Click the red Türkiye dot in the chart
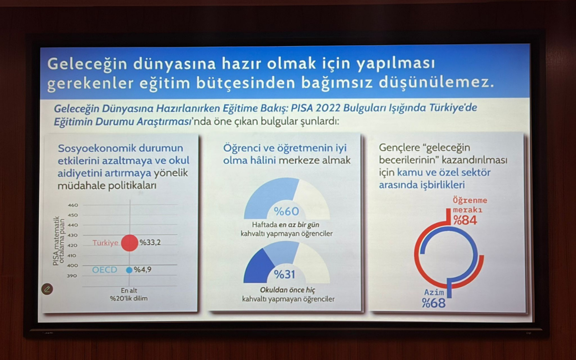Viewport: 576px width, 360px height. pyautogui.click(x=130, y=243)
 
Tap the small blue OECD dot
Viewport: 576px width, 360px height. pyautogui.click(x=129, y=270)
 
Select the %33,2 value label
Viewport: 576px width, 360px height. pyautogui.click(x=150, y=242)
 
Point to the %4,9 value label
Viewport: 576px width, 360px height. pyautogui.click(x=143, y=269)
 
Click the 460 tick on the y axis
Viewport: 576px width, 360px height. pyautogui.click(x=73, y=205)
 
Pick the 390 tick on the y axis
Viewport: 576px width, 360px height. pyautogui.click(x=72, y=276)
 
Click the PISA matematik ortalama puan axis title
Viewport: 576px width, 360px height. pyautogui.click(x=59, y=240)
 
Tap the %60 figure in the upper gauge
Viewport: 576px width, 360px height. pyautogui.click(x=287, y=211)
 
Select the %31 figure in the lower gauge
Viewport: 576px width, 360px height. pyautogui.click(x=285, y=275)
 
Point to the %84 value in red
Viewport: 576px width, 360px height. pyautogui.click(x=465, y=220)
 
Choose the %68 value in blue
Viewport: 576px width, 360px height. pyautogui.click(x=434, y=303)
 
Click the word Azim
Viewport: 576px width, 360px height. pyautogui.click(x=434, y=292)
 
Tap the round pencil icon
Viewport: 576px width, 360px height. pyautogui.click(x=47, y=289)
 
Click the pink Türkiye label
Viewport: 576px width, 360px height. pyautogui.click(x=106, y=243)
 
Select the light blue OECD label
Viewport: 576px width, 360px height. pyautogui.click(x=105, y=270)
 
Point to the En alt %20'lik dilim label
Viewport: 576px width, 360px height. pyautogui.click(x=129, y=294)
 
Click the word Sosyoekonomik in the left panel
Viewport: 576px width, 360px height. pyautogui.click(x=96, y=148)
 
